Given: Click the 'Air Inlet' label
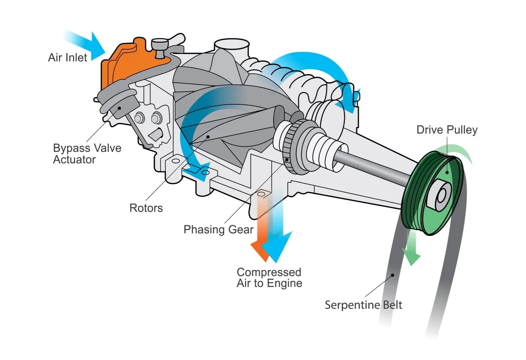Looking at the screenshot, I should tap(67, 57).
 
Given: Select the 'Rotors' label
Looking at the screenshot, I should tap(146, 208).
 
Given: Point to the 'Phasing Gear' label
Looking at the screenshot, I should tap(218, 229).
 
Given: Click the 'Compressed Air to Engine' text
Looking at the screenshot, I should tap(269, 277).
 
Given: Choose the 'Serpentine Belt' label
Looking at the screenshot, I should tap(363, 305).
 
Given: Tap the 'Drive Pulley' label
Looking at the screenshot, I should tap(447, 130).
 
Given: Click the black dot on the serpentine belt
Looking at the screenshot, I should tap(393, 275).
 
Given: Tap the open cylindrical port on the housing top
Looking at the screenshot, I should tap(232, 45).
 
